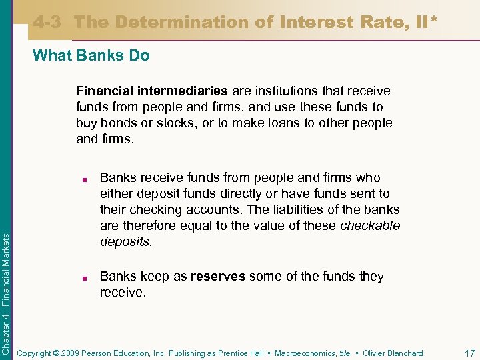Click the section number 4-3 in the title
[47, 22]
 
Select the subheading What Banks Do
[91, 55]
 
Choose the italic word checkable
[370, 225]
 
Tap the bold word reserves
[218, 276]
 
